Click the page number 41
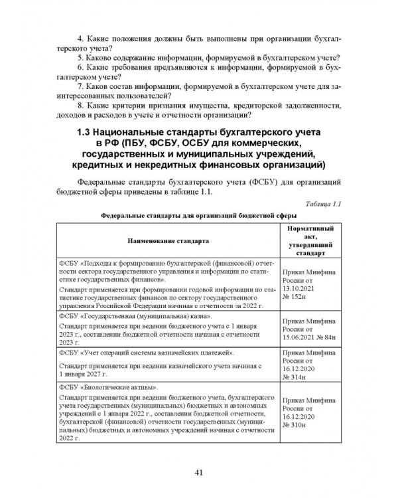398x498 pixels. coord(199,472)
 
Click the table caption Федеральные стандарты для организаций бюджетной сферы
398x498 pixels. coord(198,215)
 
